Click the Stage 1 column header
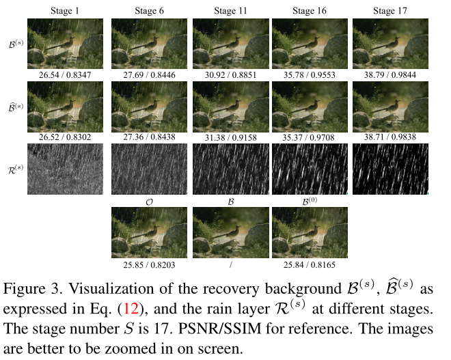pyautogui.click(x=64, y=10)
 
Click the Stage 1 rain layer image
pyautogui.click(x=64, y=168)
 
